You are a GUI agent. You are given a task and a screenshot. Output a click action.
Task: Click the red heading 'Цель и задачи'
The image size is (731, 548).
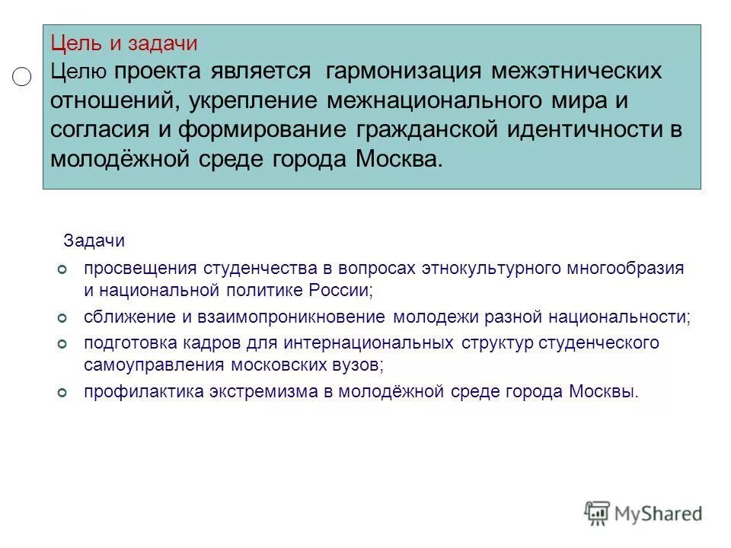[x=124, y=43]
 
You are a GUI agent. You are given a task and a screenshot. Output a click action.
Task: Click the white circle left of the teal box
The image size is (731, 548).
[x=22, y=76]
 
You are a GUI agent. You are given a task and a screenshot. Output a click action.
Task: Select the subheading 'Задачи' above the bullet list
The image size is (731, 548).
[x=94, y=241]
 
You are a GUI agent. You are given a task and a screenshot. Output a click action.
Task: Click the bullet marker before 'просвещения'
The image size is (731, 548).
[x=64, y=269]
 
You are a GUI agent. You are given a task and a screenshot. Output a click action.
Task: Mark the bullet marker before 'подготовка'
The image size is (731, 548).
[x=64, y=344]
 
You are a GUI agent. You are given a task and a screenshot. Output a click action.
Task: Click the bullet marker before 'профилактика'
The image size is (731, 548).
[x=64, y=392]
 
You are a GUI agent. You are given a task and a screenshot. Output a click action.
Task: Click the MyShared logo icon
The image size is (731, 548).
[x=598, y=512]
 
